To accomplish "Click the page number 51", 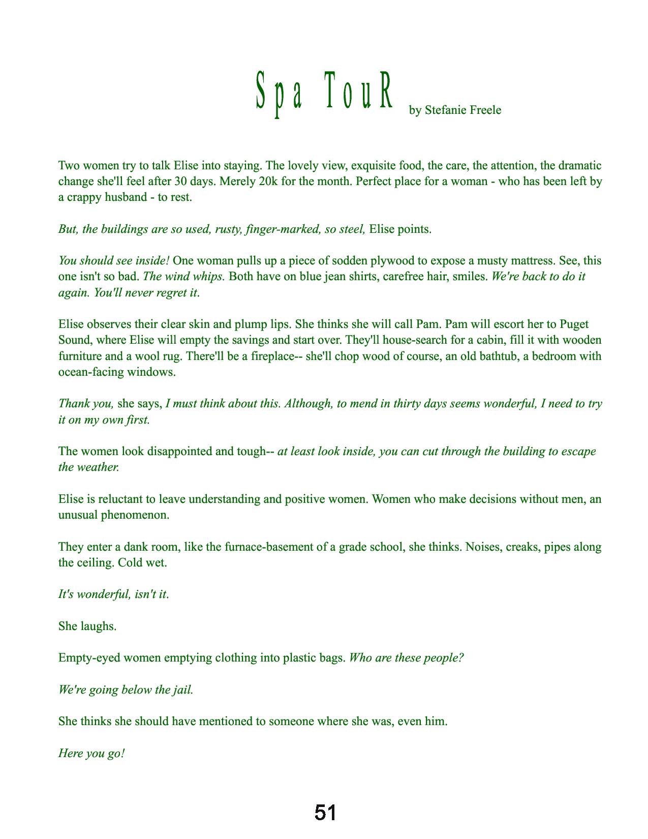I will pos(325,813).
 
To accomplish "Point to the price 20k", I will pos(271,182).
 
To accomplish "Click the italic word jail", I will pos(182,690).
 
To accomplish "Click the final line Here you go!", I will pos(91,754).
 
